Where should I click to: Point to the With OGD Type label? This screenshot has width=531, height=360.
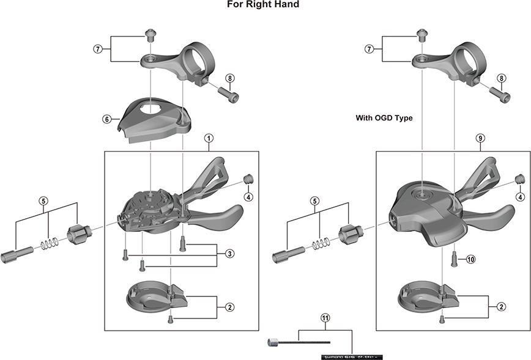384,118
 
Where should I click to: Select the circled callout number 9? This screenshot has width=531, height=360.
480,139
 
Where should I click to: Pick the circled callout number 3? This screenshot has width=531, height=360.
228,253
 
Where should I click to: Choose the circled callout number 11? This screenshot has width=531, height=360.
325,318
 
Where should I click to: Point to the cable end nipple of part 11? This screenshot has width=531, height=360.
272,343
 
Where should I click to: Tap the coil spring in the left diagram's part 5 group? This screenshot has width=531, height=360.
48,243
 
